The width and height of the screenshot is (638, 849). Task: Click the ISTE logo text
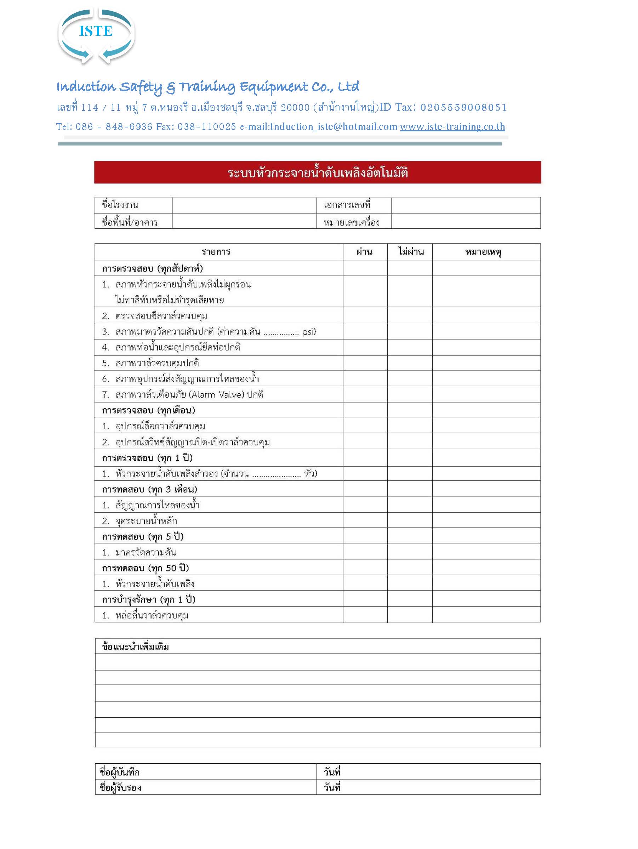click(x=96, y=31)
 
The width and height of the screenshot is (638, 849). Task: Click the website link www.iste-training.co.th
click(x=452, y=127)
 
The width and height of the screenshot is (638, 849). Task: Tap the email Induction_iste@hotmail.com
click(x=333, y=127)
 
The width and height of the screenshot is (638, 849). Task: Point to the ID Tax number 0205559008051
click(x=463, y=108)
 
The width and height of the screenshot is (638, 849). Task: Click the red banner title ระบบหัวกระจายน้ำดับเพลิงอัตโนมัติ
click(x=318, y=173)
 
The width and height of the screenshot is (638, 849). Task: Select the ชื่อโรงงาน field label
click(x=120, y=205)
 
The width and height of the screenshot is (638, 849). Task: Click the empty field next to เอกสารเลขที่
click(x=466, y=205)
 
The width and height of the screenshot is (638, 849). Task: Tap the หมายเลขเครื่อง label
click(x=351, y=222)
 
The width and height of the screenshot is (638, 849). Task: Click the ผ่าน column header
click(x=364, y=252)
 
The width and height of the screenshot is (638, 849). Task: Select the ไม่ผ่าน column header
click(x=411, y=252)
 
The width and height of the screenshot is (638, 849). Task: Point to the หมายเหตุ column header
click(x=483, y=252)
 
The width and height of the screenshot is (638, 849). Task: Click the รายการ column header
click(x=216, y=252)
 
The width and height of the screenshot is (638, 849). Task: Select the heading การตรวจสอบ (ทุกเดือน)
click(x=148, y=410)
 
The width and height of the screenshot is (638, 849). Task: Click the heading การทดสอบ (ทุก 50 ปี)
click(x=145, y=568)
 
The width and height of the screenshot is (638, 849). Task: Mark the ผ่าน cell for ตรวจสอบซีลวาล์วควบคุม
click(x=365, y=315)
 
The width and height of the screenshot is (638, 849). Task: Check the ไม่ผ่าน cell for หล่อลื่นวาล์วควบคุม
click(x=410, y=615)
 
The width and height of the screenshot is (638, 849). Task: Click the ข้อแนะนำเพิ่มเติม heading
click(x=135, y=647)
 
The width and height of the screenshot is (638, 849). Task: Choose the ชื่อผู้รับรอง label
click(x=120, y=788)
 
